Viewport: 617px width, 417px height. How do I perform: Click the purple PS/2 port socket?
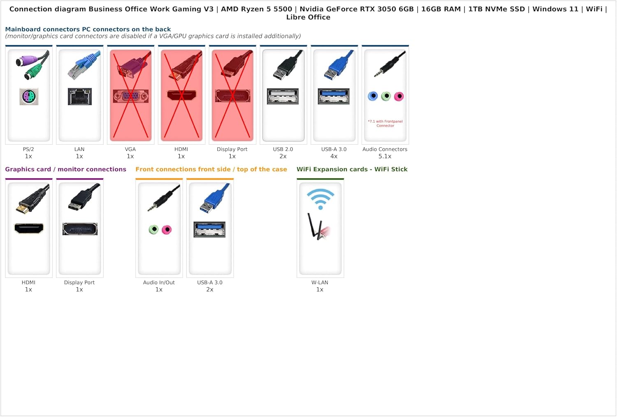click(x=29, y=97)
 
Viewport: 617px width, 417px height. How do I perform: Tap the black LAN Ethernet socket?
click(x=80, y=97)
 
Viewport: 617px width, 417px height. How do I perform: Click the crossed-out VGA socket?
click(x=130, y=96)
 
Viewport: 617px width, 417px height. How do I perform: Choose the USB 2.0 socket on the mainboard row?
click(x=283, y=96)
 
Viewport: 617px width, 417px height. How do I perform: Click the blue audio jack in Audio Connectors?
click(x=373, y=96)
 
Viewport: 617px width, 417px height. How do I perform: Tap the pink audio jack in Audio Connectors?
click(x=399, y=96)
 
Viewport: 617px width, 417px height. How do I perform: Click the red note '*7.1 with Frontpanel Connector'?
click(x=385, y=123)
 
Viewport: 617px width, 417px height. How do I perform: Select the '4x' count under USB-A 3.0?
click(x=334, y=156)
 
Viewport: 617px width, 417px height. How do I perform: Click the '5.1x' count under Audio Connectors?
click(x=385, y=156)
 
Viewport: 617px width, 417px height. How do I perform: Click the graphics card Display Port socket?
click(x=80, y=229)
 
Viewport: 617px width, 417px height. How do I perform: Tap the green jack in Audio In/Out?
click(x=153, y=229)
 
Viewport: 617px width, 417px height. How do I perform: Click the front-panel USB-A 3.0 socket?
click(x=209, y=229)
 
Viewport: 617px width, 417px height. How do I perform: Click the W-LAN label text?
click(x=320, y=282)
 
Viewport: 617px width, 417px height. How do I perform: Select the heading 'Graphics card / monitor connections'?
click(x=65, y=169)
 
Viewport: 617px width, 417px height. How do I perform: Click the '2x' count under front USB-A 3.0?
click(x=210, y=290)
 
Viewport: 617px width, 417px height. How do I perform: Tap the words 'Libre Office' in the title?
click(x=308, y=17)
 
